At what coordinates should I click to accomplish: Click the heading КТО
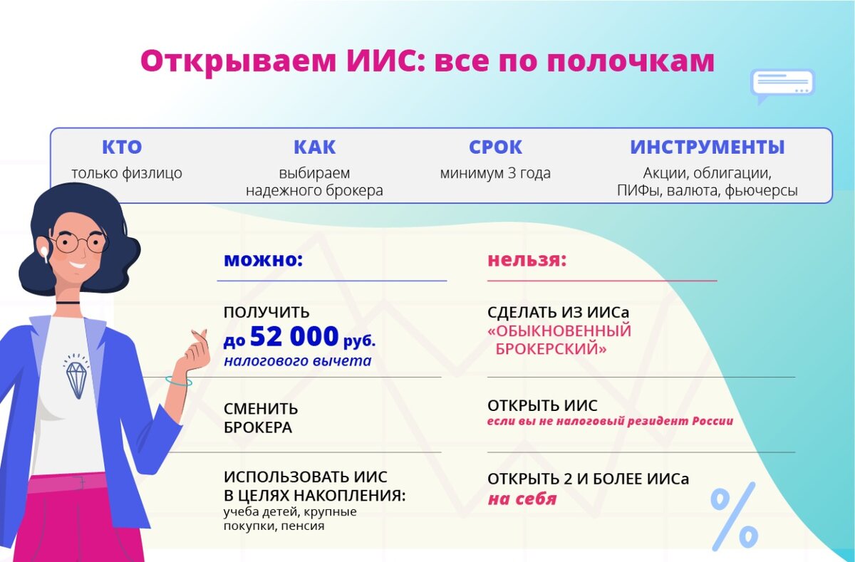pyautogui.click(x=122, y=147)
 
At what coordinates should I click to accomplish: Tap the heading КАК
pyautogui.click(x=314, y=147)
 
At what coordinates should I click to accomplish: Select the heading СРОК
pyautogui.click(x=495, y=147)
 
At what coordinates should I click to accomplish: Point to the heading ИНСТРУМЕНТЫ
pyautogui.click(x=707, y=147)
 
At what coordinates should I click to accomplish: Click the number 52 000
pyautogui.click(x=294, y=336)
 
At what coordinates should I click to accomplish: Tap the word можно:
pyautogui.click(x=263, y=259)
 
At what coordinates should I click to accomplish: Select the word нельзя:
pyautogui.click(x=527, y=259)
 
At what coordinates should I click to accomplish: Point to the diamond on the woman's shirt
pyautogui.click(x=76, y=379)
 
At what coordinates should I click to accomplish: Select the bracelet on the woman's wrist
pyautogui.click(x=179, y=382)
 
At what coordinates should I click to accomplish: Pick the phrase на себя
pyautogui.click(x=522, y=499)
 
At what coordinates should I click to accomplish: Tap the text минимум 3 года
pyautogui.click(x=495, y=173)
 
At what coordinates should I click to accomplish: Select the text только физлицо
pyautogui.click(x=126, y=173)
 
